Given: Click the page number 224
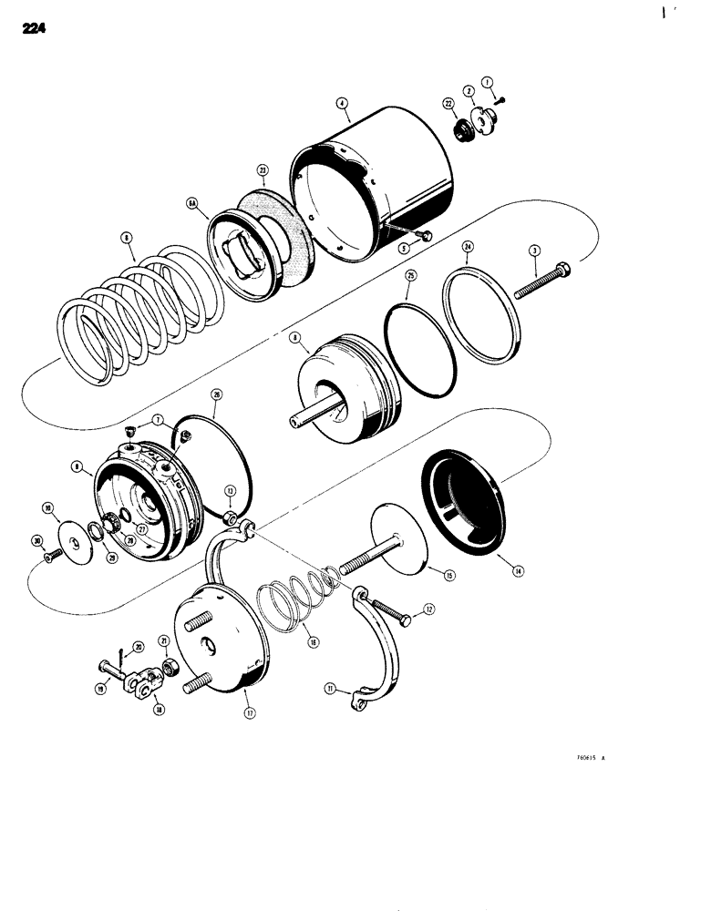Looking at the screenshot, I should tap(30, 29).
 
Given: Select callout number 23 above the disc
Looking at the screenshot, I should tap(236, 169).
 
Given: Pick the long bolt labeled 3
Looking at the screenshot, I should tap(547, 280).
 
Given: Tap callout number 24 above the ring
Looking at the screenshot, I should tap(467, 246).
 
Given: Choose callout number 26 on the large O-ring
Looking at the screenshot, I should tap(216, 394).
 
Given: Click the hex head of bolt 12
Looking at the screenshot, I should tap(404, 619).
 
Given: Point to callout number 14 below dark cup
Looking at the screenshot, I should tap(518, 571).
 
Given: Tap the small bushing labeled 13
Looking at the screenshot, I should tap(232, 520).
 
